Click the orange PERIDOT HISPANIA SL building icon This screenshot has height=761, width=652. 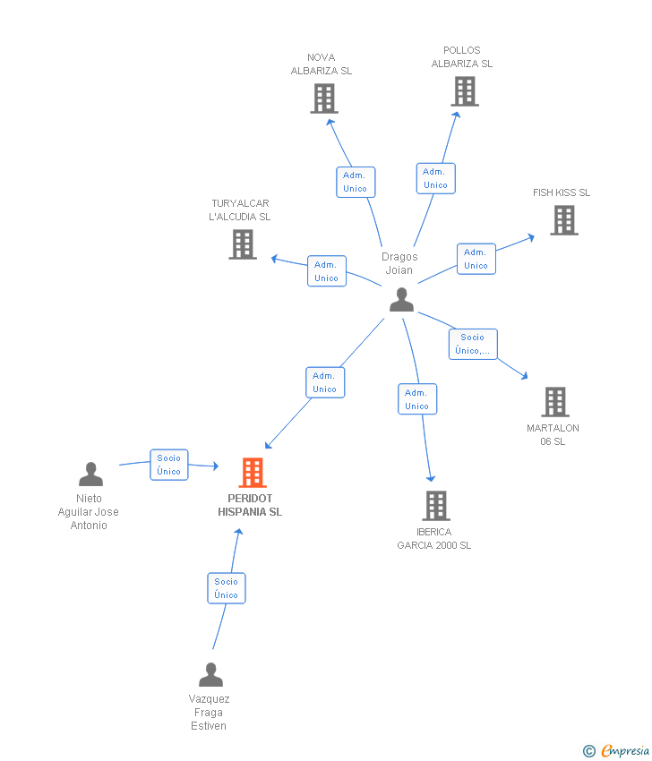pos(253,473)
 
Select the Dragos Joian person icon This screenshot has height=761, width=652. pos(401,300)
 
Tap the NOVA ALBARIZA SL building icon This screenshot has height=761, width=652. pos(323,98)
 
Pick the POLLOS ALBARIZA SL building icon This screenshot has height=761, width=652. pos(464,91)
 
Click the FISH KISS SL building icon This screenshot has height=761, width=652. pos(563,220)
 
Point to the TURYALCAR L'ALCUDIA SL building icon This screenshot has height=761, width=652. pos(242,244)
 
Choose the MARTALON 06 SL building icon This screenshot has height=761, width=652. pos(554,402)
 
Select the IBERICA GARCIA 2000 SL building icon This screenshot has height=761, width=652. pos(435,506)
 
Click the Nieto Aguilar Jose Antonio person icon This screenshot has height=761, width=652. pos(90,475)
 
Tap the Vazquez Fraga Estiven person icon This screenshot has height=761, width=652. pos(210,675)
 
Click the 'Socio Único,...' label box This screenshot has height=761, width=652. pos(473,344)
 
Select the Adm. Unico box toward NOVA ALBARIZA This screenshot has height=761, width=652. pos(356,182)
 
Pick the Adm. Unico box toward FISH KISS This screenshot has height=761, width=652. pos(476,259)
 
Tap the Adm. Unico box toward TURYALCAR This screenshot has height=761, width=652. pos(326,271)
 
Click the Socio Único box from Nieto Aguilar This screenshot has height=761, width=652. pos(169,465)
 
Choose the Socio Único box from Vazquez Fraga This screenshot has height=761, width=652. pos(227,588)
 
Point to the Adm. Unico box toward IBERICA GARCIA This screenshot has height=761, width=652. pos(417,399)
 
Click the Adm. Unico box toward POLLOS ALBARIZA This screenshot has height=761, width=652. pos(435,178)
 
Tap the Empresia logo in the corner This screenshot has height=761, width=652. pos(617,750)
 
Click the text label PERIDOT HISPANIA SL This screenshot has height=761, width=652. pos(250,505)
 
